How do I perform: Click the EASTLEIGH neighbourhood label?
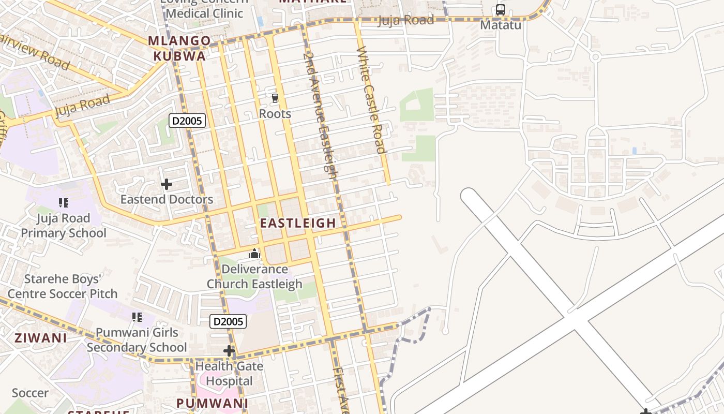point(298,223)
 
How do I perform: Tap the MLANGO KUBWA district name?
point(179,48)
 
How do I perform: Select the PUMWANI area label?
point(212,403)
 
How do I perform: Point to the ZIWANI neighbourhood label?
point(40,338)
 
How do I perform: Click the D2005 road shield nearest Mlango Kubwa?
point(187,121)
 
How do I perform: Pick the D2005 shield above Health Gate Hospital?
point(228,321)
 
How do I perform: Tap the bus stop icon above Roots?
point(275,98)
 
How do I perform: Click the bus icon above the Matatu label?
point(500,10)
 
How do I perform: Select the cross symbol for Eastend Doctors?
point(166,184)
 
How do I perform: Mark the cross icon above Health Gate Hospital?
point(229,351)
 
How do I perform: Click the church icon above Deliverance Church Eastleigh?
point(254,254)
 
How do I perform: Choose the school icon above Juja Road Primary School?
point(64,203)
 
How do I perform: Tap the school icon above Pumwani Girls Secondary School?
point(137,317)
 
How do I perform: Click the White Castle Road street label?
point(371,100)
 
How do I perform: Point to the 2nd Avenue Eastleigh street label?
point(320,111)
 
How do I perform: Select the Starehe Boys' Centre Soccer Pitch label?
point(63,286)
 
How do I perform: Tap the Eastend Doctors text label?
point(167,199)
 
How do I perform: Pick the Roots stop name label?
point(275,113)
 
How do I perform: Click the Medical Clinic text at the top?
point(204,13)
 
